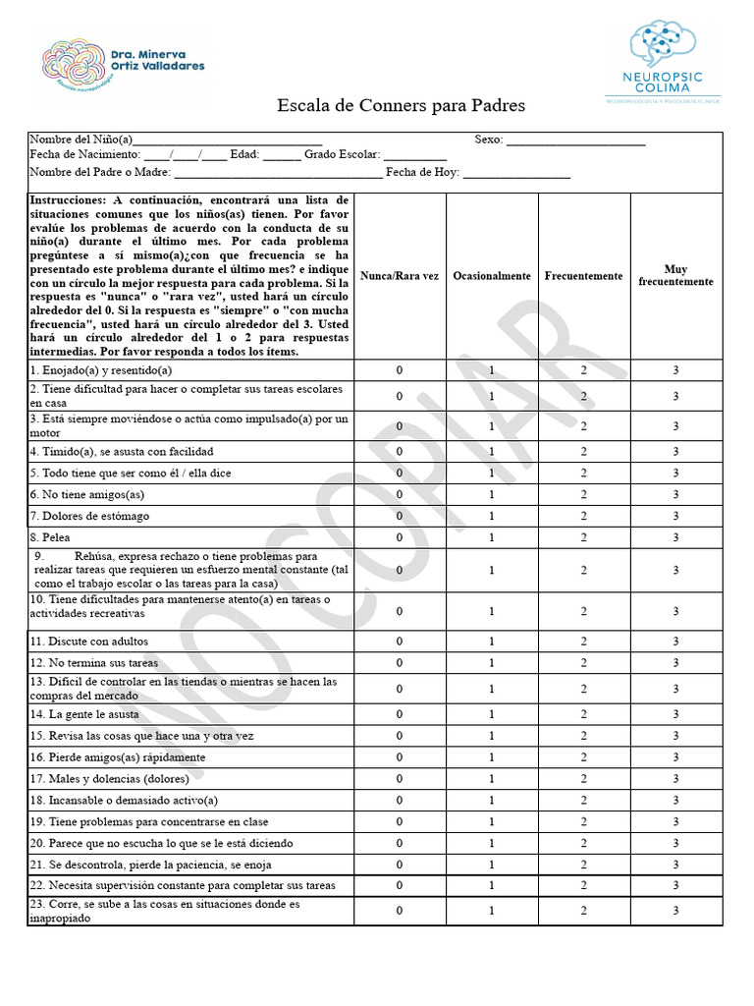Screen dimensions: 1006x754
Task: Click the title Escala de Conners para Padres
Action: (x=401, y=105)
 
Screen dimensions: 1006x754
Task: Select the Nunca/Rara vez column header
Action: (x=400, y=276)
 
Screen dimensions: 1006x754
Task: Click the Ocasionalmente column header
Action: (x=492, y=276)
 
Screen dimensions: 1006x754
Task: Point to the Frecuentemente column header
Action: (x=583, y=276)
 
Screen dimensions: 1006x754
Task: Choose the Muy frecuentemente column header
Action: (x=675, y=275)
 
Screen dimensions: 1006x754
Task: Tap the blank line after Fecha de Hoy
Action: (x=515, y=175)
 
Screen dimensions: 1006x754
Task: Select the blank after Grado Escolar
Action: (x=414, y=158)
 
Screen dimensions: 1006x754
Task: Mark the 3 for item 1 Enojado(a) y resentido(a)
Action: (x=675, y=370)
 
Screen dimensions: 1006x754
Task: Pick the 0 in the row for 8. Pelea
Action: (x=400, y=537)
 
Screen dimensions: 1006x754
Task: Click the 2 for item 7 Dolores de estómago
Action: (x=583, y=516)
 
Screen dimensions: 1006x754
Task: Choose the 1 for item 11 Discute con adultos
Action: (x=492, y=642)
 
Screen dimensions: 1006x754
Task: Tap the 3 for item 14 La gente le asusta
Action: (x=675, y=714)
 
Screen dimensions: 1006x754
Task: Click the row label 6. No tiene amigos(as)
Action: (x=87, y=494)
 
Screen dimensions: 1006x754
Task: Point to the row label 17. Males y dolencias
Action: (x=109, y=779)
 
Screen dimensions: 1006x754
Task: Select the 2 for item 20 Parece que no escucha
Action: (x=583, y=843)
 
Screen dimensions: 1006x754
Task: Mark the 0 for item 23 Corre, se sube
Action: (x=400, y=911)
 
